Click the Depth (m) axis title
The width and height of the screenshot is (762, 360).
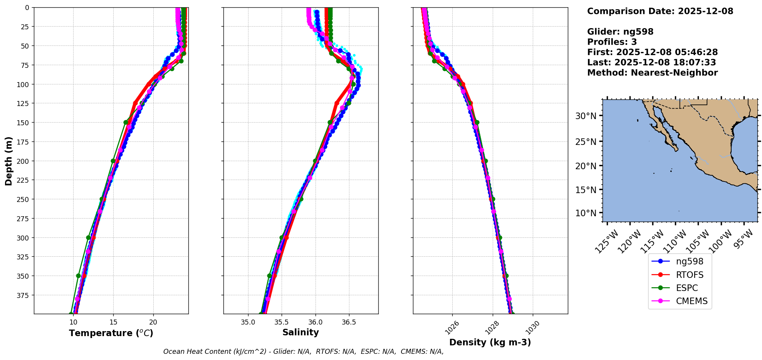[x=8, y=161]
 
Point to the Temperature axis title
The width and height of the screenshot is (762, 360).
[x=111, y=333]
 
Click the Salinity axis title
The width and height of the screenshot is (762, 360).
[x=300, y=332]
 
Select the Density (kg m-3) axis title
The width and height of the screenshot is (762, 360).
[x=490, y=342]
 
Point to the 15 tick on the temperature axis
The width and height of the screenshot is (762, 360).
[x=113, y=322]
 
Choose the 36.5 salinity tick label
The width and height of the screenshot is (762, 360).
[x=349, y=322]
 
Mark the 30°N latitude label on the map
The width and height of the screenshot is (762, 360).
[x=586, y=116]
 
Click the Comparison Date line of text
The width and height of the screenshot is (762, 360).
[x=660, y=11]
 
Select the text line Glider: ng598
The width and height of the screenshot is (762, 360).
[x=620, y=32]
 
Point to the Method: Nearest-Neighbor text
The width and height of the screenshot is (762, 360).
[x=652, y=73]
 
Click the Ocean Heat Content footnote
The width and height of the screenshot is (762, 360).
[x=303, y=352]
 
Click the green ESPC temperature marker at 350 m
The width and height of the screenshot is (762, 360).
[x=78, y=276]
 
